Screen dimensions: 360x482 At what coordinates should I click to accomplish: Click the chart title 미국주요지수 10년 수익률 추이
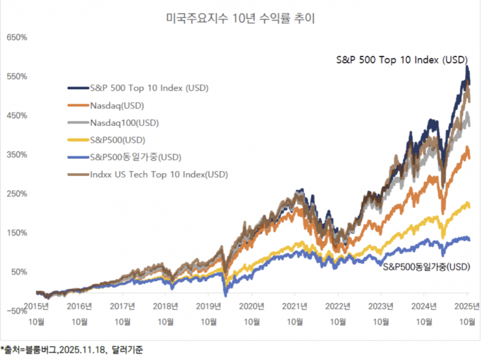(x=241, y=19)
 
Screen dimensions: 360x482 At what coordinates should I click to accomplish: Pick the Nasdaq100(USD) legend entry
(x=122, y=122)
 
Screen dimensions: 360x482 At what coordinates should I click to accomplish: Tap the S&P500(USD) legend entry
(x=117, y=140)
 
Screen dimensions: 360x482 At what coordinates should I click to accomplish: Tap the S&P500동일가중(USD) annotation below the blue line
(x=426, y=266)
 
